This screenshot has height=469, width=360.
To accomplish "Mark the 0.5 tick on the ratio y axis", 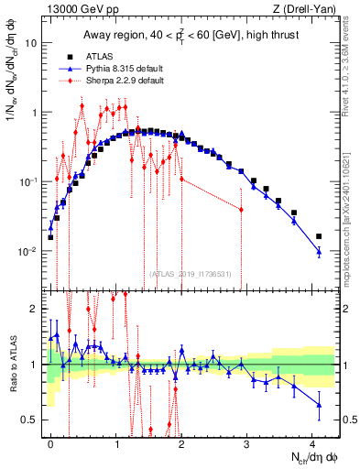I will (31, 420).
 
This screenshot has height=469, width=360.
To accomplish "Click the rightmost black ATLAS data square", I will (319, 236).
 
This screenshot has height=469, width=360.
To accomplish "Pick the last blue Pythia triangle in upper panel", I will (319, 251).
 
